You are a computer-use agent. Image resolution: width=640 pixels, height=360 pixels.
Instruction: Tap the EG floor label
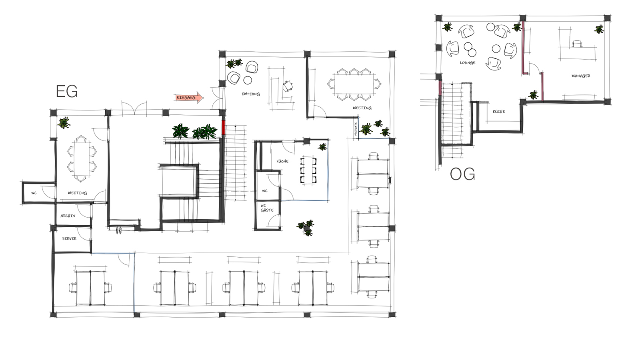(67, 92)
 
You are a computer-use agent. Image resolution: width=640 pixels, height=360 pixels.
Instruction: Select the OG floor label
(462, 174)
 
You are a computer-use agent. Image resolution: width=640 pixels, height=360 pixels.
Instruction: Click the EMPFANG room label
(251, 94)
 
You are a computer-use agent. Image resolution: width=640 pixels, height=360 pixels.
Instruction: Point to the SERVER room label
(69, 238)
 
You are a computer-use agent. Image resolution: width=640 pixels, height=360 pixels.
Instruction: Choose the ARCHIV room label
(68, 216)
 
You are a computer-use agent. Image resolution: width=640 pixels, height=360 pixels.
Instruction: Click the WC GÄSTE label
(267, 208)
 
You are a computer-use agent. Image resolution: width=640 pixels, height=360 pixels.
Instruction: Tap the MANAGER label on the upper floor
(580, 76)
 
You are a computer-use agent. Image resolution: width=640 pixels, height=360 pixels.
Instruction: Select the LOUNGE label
(467, 63)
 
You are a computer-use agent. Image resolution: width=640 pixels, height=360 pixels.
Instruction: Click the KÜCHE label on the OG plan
(499, 112)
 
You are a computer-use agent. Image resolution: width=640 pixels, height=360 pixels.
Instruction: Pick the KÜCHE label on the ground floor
(282, 161)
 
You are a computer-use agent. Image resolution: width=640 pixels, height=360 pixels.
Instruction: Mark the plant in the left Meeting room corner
(64, 123)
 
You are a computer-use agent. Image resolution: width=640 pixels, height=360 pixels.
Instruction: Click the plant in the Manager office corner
(599, 29)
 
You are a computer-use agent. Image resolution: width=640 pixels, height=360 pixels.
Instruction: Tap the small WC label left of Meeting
(34, 193)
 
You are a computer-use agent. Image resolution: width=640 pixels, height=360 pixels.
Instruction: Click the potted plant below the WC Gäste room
(306, 228)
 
